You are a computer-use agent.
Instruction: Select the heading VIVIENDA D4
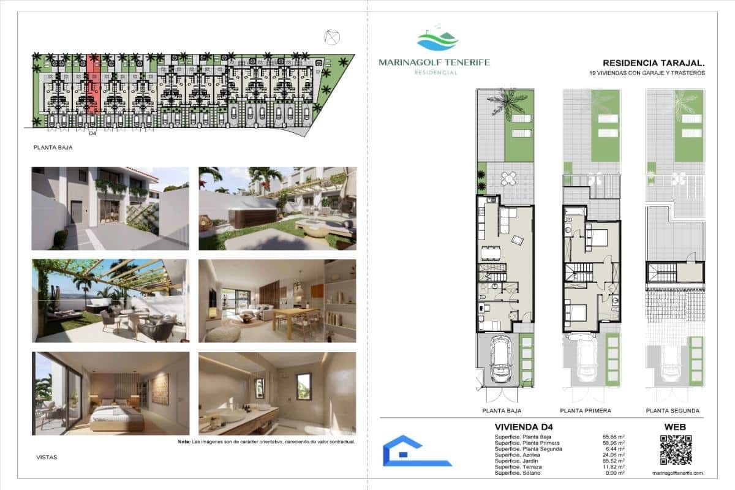pyautogui.click(x=519, y=427)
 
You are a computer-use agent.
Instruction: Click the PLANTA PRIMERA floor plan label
pyautogui.click(x=585, y=411)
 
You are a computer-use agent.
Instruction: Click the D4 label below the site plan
pyautogui.click(x=92, y=133)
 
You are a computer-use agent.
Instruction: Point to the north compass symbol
pyautogui.click(x=333, y=37)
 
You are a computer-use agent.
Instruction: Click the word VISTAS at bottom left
pyautogui.click(x=47, y=457)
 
